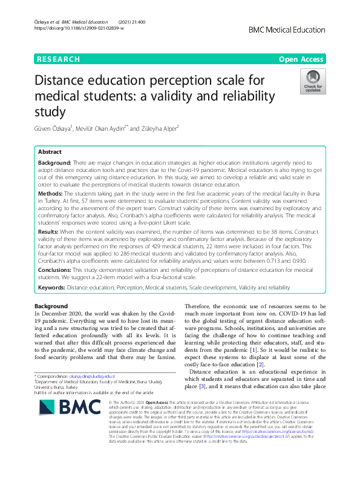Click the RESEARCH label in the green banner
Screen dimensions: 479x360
58,59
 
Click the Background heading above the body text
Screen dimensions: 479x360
51,306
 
